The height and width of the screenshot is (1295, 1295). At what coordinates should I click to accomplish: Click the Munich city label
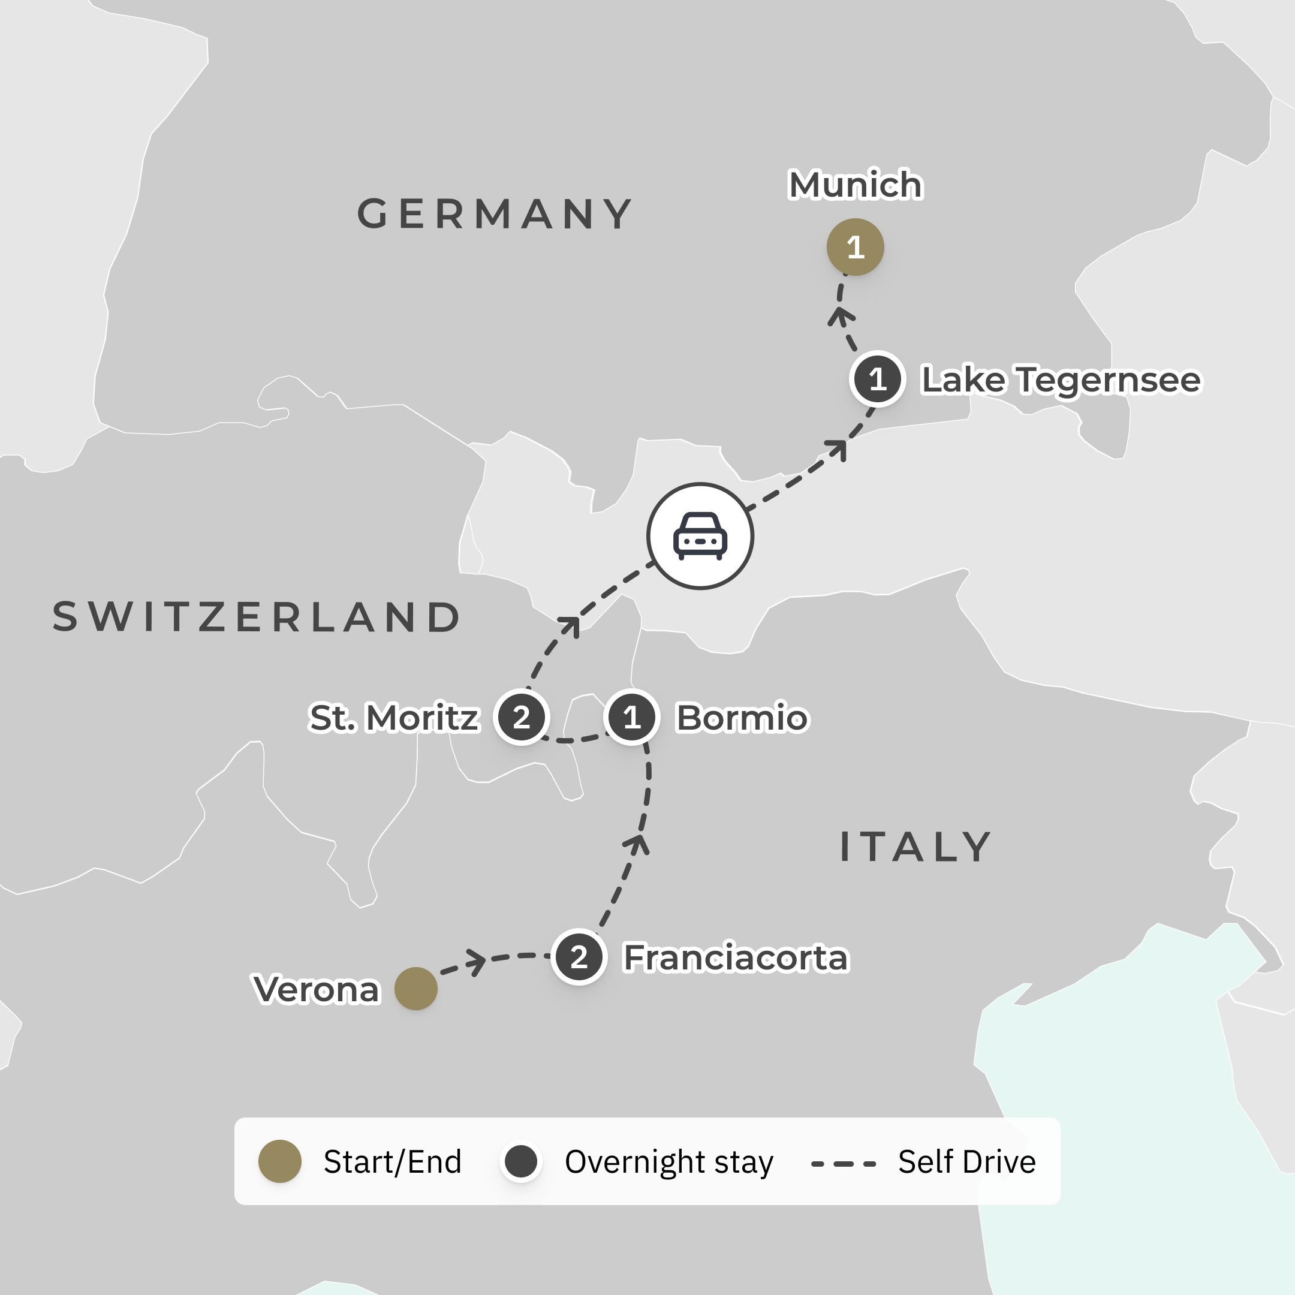[x=856, y=185]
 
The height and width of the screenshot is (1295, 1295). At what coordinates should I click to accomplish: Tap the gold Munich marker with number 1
[x=856, y=248]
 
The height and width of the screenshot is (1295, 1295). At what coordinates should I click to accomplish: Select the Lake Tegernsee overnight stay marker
[x=877, y=380]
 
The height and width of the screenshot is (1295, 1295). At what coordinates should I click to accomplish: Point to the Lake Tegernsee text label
[x=1061, y=380]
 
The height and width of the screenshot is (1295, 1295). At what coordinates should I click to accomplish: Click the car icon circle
[x=700, y=536]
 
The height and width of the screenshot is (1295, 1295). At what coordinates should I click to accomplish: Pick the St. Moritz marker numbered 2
[x=522, y=717]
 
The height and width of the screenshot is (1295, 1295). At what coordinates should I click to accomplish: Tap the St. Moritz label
[x=394, y=718]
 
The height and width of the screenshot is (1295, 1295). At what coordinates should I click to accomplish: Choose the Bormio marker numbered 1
[x=631, y=717]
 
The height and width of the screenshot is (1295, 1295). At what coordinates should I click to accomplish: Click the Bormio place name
[x=742, y=718]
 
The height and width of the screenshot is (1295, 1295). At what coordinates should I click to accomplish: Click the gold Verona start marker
[x=415, y=989]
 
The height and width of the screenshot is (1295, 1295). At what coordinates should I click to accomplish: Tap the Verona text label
[x=317, y=989]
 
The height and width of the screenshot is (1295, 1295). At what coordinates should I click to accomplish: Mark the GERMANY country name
[x=495, y=215]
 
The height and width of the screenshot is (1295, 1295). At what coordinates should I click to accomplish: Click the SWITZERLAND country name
[x=257, y=618]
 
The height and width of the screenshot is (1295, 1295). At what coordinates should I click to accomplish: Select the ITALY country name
[x=915, y=847]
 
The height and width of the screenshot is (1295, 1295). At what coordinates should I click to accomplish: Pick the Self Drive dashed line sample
[x=843, y=1164]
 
